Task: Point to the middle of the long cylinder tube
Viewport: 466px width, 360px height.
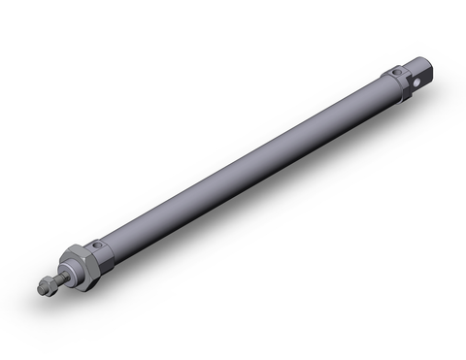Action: (243, 164)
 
